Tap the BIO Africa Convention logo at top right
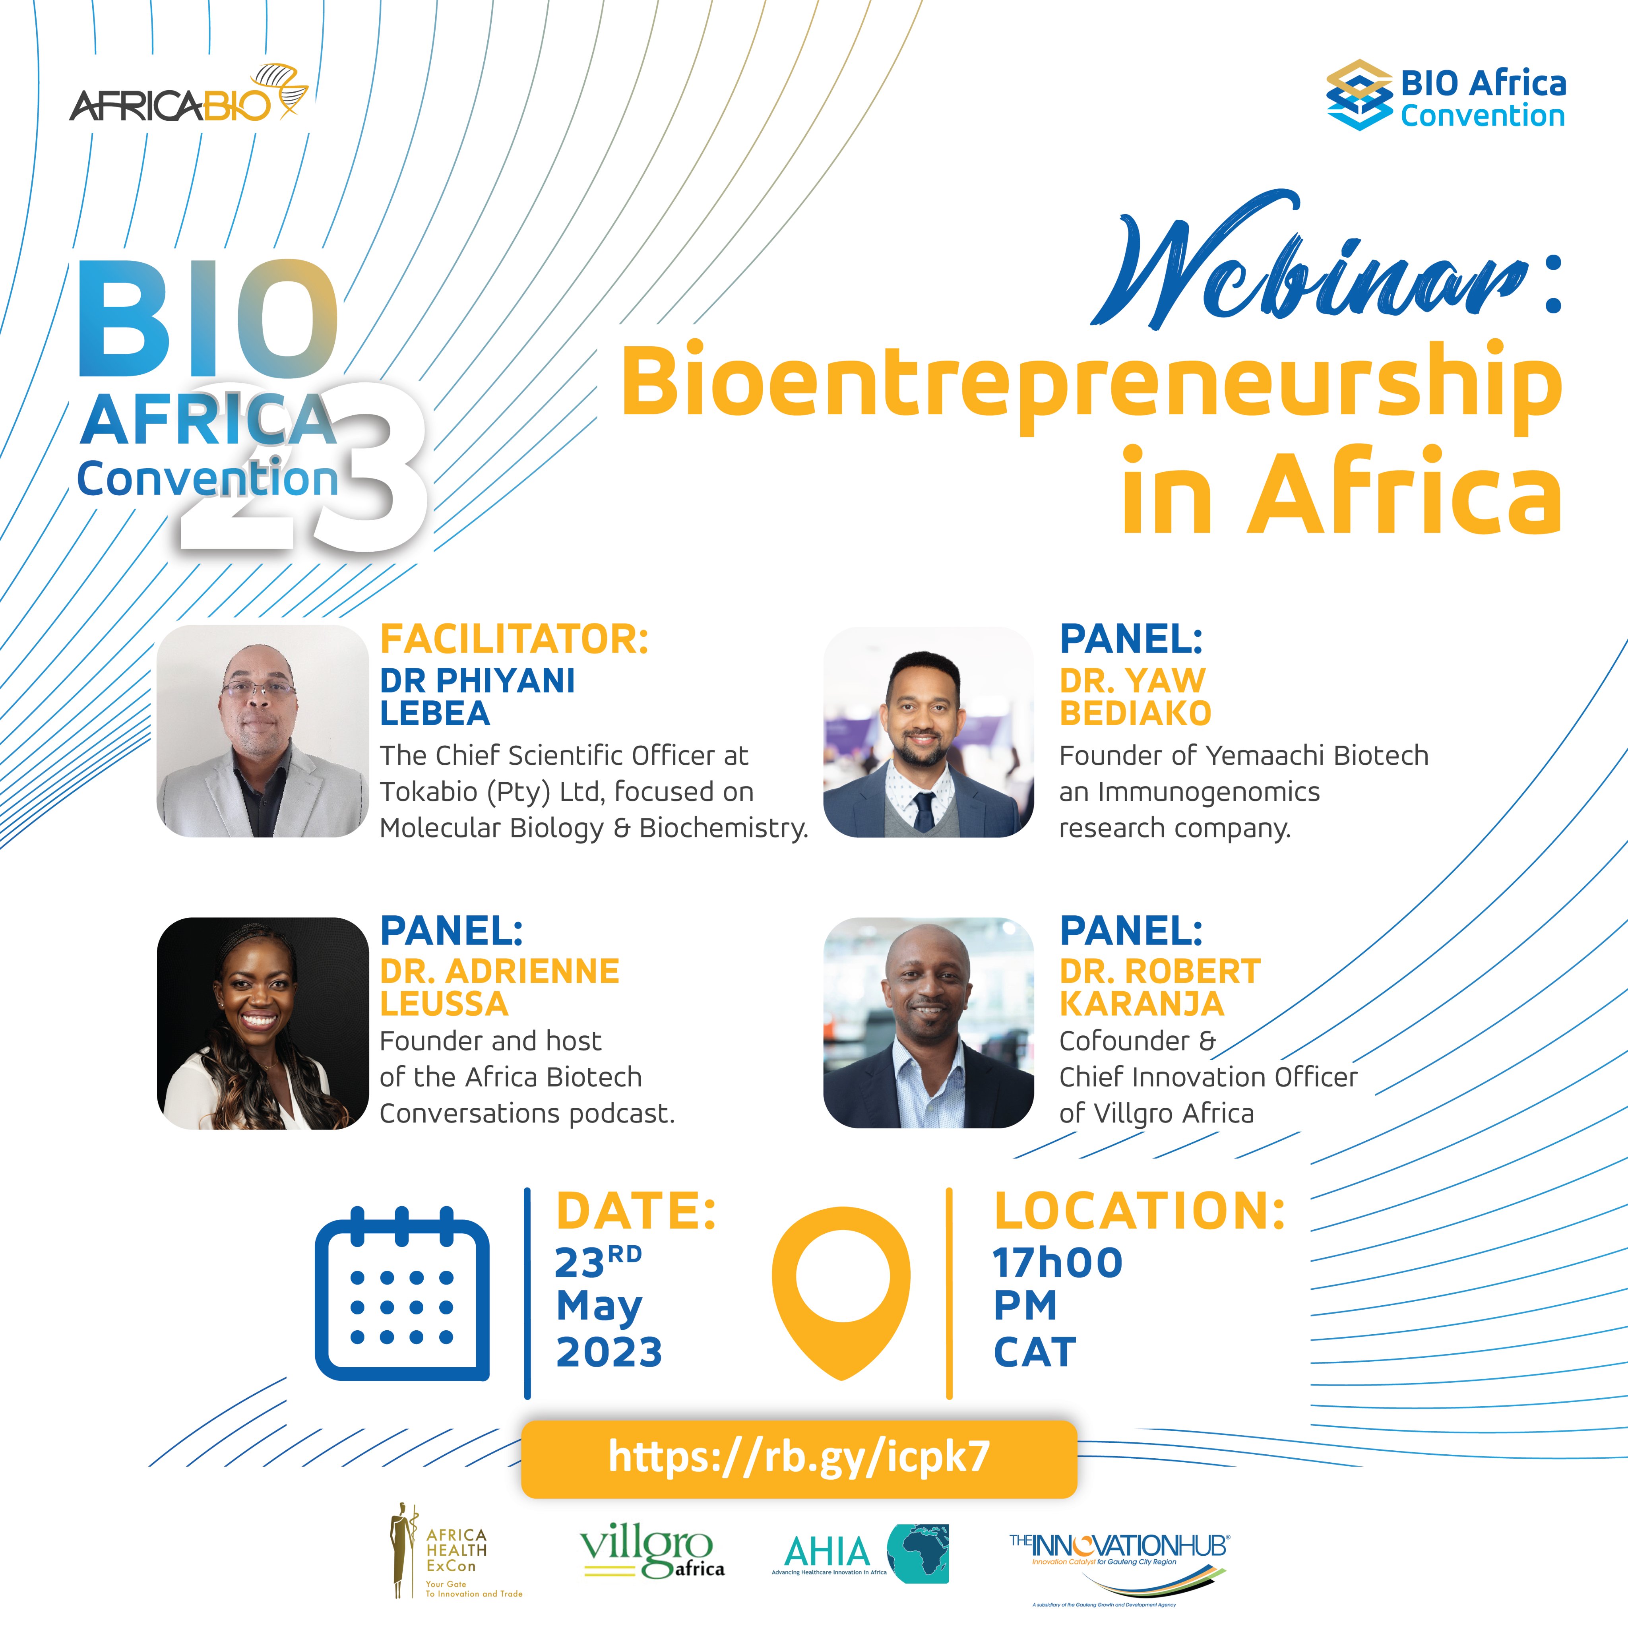coord(1446,94)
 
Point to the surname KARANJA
coord(1142,1004)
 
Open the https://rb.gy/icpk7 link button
coord(799,1458)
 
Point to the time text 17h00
coord(1058,1262)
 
